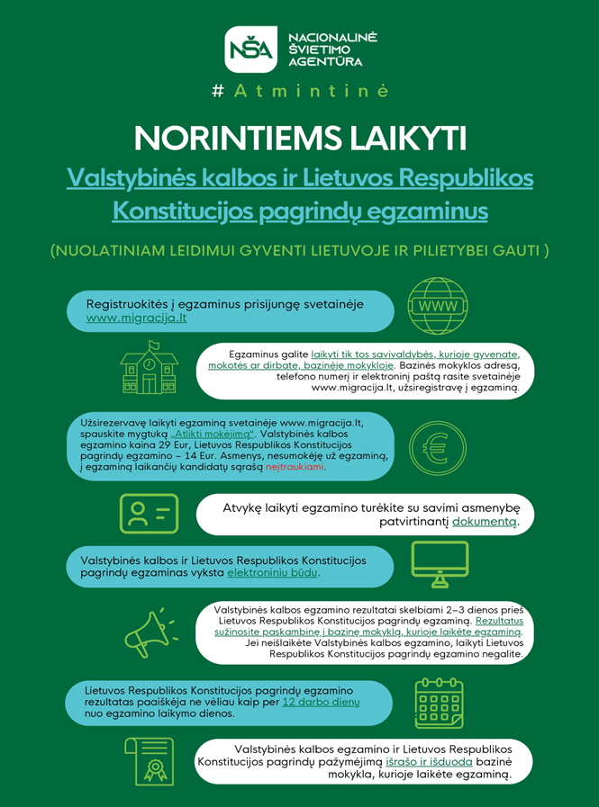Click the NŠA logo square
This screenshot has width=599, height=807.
pos(251,49)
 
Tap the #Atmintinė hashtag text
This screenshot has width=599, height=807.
pos(299,91)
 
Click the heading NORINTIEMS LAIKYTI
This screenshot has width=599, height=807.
pos(299,139)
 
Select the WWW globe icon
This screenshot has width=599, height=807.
pos(438,305)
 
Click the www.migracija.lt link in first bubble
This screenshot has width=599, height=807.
pos(136,318)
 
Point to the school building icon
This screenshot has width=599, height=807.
pos(149,367)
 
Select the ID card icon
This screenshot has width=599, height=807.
pos(149,513)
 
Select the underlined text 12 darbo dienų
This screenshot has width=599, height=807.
pos(322,701)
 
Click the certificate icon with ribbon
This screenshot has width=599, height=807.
pos(149,761)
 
